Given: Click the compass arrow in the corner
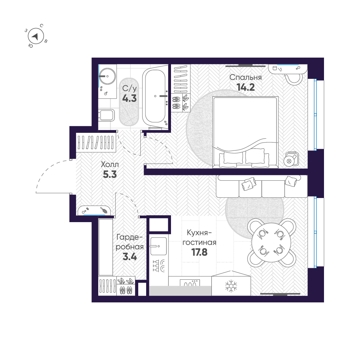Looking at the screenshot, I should (35, 36).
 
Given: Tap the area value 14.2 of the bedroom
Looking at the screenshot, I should (246, 87).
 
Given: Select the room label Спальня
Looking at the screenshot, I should (245, 77).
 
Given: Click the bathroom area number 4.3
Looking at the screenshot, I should (129, 98).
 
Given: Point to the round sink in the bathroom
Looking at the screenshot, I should (107, 76).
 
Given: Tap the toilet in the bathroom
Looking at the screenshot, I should (106, 116).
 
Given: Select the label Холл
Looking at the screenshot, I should (109, 164).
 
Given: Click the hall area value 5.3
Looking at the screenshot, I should (110, 175).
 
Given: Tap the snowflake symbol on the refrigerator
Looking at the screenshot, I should (231, 286).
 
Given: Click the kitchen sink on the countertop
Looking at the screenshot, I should (158, 246).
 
